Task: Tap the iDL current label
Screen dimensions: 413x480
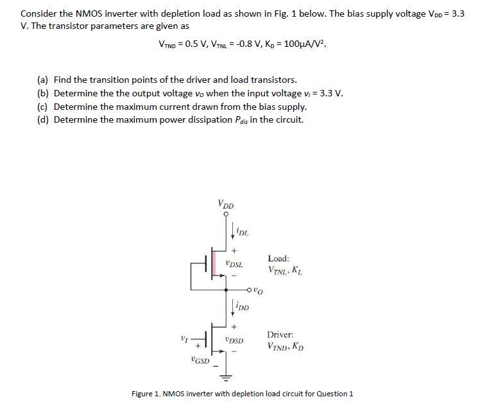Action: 243,232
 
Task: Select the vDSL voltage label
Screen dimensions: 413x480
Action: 234,264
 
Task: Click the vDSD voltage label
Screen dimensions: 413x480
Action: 234,341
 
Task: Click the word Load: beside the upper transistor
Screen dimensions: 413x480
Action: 279,258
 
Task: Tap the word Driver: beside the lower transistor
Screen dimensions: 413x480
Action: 280,335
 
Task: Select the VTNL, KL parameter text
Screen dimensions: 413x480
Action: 286,270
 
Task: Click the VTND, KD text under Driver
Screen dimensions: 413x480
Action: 286,347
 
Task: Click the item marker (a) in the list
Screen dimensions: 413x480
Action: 43,80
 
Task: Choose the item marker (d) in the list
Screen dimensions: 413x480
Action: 43,119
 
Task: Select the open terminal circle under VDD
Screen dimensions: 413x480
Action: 226,216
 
